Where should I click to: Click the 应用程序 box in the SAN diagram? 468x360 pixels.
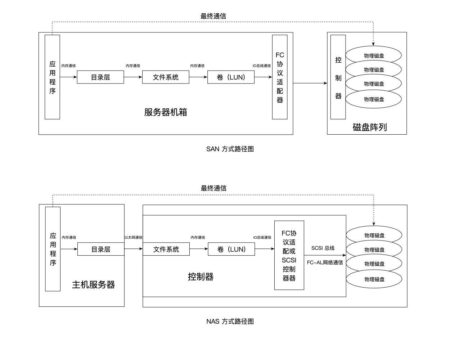52,77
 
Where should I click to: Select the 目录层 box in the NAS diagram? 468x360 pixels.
101,249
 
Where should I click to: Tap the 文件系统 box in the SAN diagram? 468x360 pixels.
166,77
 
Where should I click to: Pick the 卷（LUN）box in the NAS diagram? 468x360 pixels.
231,249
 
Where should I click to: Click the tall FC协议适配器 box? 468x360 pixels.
280,77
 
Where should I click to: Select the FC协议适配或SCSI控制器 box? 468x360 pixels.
289,255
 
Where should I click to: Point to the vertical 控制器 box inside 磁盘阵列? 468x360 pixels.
338,77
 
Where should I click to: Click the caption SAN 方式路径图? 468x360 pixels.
230,149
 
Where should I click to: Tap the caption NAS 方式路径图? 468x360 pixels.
230,321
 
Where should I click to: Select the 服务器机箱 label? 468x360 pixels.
166,112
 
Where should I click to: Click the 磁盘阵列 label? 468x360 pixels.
370,127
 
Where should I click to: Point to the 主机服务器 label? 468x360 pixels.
94,285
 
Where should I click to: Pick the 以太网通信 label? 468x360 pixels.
133,238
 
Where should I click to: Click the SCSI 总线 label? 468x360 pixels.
323,248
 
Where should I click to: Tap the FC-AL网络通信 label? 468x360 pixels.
325,262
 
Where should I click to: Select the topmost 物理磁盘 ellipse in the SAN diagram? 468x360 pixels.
374,55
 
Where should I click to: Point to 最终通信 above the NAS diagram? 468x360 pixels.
213,188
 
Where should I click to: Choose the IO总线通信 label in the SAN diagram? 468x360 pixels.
262,66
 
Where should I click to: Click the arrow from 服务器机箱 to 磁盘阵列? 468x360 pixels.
310,83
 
